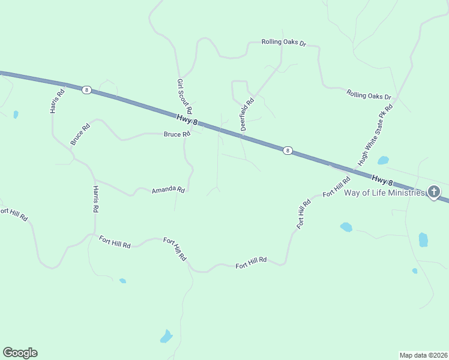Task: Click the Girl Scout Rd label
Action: click(184, 96)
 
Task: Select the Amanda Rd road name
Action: click(168, 190)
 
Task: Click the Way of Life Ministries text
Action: click(384, 193)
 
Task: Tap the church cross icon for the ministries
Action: click(434, 193)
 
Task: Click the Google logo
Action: click(20, 353)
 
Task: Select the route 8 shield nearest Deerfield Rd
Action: click(288, 151)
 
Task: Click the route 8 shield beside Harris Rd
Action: click(86, 89)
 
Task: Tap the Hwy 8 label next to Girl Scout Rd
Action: click(187, 120)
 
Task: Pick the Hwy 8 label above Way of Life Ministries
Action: click(382, 179)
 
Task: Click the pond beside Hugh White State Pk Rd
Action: click(383, 160)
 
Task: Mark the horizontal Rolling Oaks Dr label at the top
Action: click(284, 43)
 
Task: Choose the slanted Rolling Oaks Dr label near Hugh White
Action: click(369, 95)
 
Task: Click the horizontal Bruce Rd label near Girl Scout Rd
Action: click(176, 134)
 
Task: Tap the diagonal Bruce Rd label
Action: click(80, 134)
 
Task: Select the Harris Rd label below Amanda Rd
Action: click(95, 200)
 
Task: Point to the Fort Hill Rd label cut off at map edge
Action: click(13, 214)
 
